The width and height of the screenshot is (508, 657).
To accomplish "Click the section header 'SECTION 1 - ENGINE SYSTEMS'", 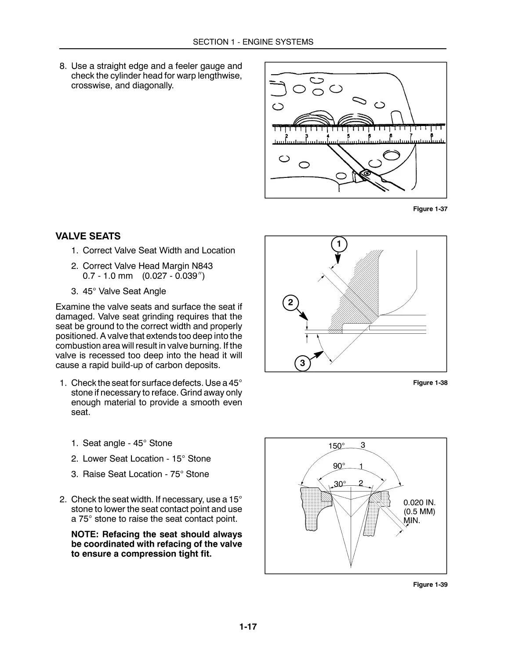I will (x=253, y=42).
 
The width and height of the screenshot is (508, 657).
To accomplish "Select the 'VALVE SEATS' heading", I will (x=88, y=236).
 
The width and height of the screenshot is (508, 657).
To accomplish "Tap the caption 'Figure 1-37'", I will (x=430, y=209).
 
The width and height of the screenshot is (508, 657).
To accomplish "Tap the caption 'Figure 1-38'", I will (x=430, y=383).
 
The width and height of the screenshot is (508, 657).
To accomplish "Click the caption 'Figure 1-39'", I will (x=430, y=585).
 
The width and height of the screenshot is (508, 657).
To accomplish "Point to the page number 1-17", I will (x=248, y=627).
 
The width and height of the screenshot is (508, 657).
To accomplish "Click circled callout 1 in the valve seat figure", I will (x=338, y=244).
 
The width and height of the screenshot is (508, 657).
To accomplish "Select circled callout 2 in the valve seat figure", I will (x=290, y=303).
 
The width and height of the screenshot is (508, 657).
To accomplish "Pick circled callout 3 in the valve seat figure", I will (x=302, y=364).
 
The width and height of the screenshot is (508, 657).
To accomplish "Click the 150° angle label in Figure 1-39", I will (x=337, y=446).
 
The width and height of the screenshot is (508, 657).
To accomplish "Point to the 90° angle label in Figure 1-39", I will (x=339, y=466).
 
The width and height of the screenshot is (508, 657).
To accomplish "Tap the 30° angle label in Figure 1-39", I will (x=340, y=484).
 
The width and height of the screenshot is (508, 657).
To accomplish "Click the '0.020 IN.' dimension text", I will (x=419, y=502).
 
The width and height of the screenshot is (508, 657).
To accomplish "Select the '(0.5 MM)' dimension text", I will (x=419, y=512).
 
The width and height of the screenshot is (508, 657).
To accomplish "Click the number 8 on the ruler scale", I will (x=432, y=136).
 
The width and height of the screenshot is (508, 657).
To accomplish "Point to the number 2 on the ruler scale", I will (x=287, y=136).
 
